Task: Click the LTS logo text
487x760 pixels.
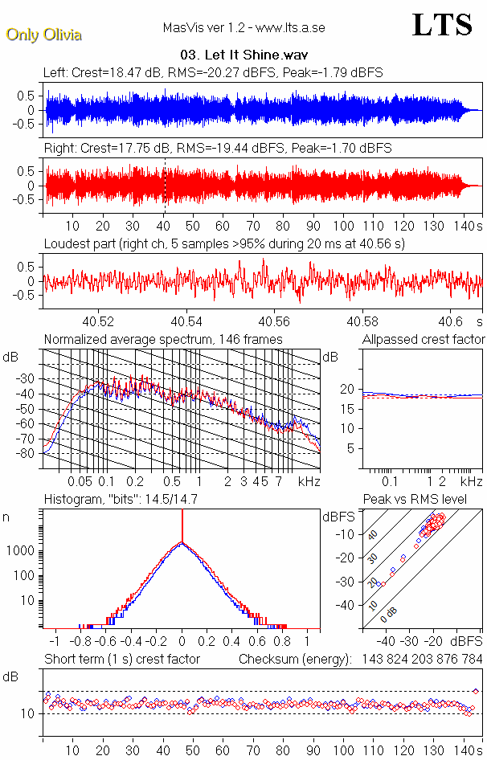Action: click(442, 25)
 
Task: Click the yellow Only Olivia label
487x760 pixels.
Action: click(43, 35)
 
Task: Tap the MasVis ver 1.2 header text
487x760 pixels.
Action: click(243, 28)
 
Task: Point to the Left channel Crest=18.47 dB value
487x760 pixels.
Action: click(121, 73)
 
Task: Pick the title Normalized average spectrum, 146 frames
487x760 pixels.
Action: click(163, 340)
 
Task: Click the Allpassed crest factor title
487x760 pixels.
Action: click(424, 340)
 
